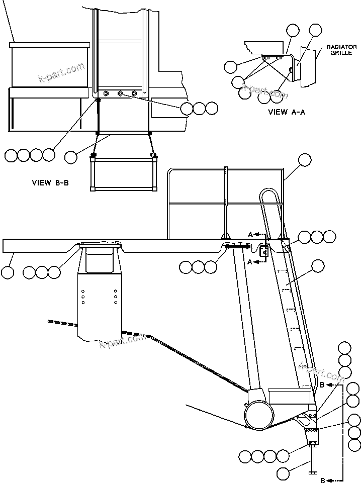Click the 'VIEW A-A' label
coord(287,112)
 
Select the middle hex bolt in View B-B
coord(120,93)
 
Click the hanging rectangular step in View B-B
coord(123,173)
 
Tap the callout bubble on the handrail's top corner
coord(305,160)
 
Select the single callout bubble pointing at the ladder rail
coord(317,266)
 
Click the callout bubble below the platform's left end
coord(8,272)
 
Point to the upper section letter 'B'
coord(322,385)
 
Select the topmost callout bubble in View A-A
coord(315,30)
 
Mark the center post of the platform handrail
coord(226,201)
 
